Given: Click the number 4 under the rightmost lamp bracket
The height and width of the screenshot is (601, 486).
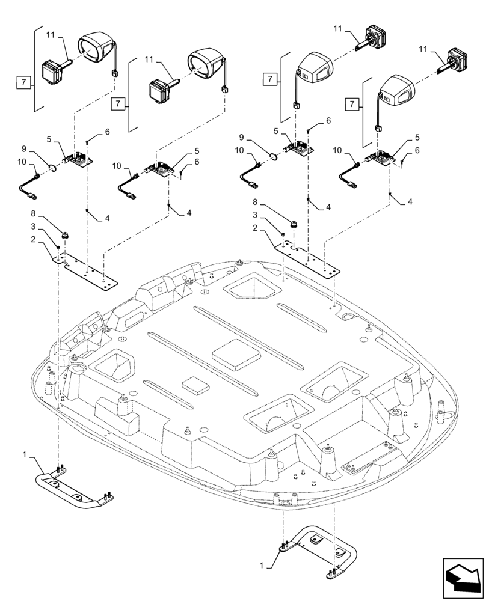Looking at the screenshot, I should pos(410,203).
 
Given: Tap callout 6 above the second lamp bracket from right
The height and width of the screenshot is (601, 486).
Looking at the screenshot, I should pos(328,121).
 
